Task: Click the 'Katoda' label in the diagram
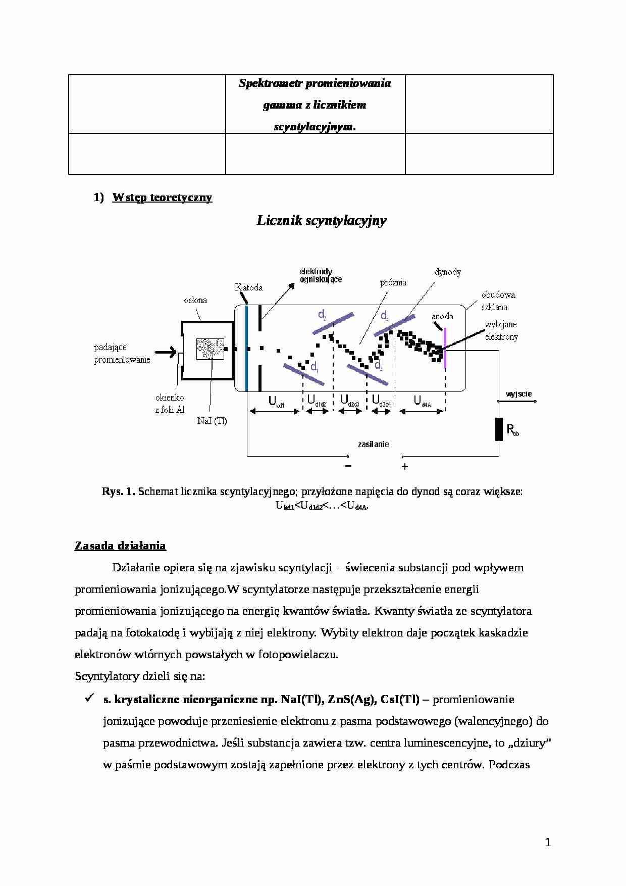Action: [x=249, y=287]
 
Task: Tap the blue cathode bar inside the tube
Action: [x=246, y=349]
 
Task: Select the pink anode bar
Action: [x=445, y=349]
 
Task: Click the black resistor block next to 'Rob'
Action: [x=499, y=429]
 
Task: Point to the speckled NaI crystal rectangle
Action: [x=211, y=349]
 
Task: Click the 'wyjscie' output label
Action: [x=518, y=394]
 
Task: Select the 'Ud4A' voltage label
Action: [x=422, y=402]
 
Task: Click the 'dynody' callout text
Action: [x=447, y=272]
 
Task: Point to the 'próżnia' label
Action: [x=393, y=283]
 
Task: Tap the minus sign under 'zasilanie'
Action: [x=348, y=466]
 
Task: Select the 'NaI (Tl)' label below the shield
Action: [x=212, y=421]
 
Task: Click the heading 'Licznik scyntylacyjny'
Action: [x=322, y=220]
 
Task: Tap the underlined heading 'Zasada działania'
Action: [x=120, y=546]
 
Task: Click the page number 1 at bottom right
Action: [x=548, y=842]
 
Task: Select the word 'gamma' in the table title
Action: [x=281, y=105]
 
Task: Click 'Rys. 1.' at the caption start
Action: [x=118, y=491]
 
